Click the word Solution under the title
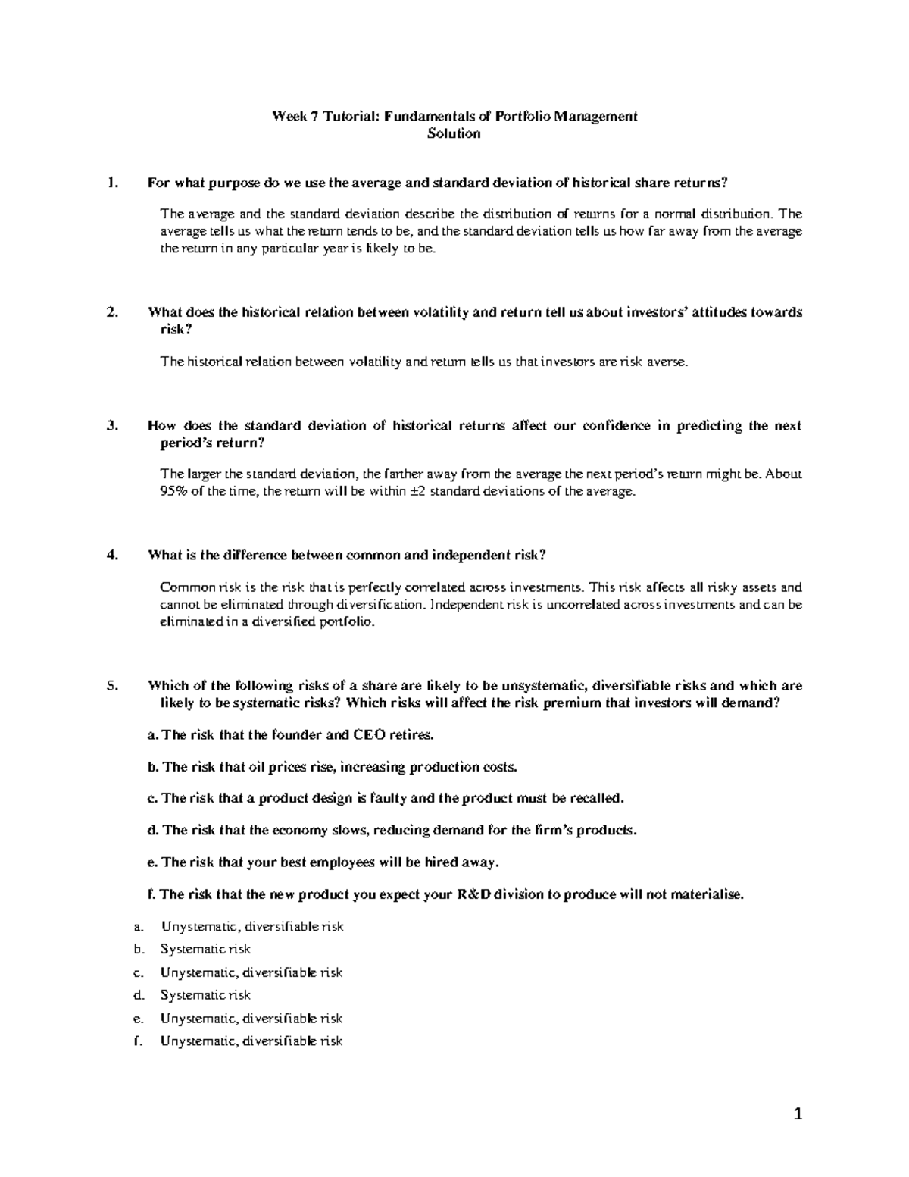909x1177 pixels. coord(454,134)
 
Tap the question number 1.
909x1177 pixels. coord(113,183)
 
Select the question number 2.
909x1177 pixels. coord(113,312)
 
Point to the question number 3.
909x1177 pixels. coord(113,426)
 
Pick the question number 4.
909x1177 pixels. coord(113,555)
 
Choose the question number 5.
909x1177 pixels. coord(113,686)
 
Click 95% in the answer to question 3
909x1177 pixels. coord(173,492)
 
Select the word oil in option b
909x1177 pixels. coord(258,767)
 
